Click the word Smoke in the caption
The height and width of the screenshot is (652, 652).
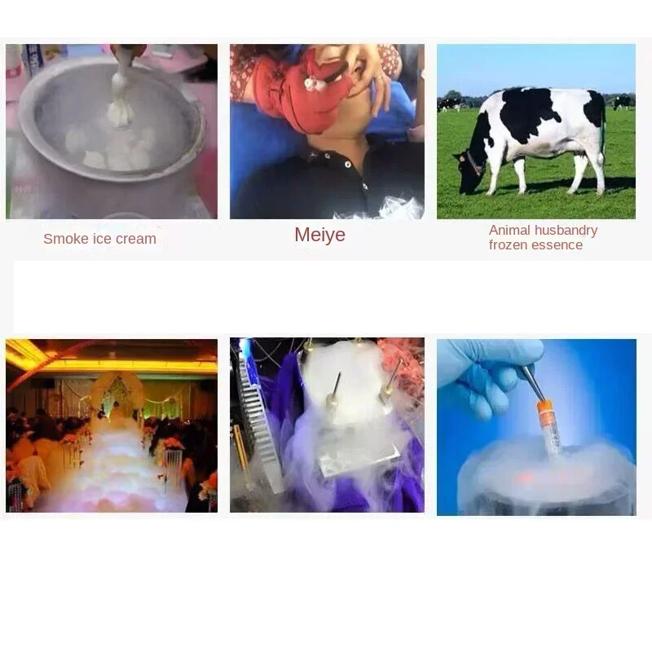[63, 239]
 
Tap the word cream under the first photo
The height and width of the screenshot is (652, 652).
[135, 239]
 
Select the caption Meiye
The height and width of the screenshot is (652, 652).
[319, 235]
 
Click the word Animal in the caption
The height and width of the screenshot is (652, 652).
[509, 231]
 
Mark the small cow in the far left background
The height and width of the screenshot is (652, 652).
[448, 104]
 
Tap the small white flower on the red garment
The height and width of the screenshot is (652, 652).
[311, 82]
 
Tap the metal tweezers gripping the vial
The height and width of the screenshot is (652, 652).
[531, 383]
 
